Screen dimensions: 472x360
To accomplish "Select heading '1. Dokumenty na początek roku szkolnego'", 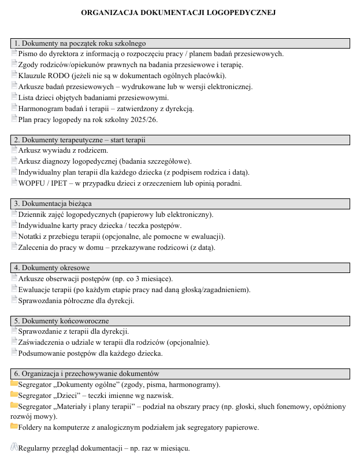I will coord(80,43).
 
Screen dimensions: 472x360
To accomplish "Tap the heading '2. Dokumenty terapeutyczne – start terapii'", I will coord(80,139).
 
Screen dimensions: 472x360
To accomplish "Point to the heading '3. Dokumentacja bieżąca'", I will coord(53,204).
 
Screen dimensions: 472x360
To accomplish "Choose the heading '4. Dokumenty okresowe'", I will coord(52,268).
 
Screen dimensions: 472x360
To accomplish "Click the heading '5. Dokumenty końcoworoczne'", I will coord(62,321).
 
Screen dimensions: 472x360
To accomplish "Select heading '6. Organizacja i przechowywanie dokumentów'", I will coord(87,374).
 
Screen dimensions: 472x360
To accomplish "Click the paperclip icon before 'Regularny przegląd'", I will coord(14,447).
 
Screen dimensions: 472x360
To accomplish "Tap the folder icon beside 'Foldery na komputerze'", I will coord(14,427).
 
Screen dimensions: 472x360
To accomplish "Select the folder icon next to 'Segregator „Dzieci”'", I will coord(14,395).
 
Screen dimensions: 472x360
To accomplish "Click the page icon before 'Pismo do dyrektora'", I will coord(14,53).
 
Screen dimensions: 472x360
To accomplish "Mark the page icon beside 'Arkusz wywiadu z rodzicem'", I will coord(14,150).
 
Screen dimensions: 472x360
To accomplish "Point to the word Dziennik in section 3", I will coord(32,215).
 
